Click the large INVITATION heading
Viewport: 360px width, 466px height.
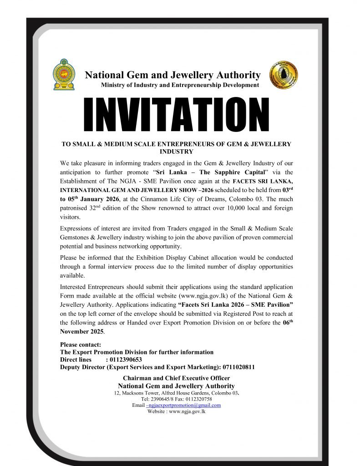click(176, 114)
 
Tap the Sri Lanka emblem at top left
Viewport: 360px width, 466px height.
click(64, 74)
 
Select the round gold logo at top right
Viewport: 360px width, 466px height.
click(284, 75)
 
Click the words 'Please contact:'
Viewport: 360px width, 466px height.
click(81, 344)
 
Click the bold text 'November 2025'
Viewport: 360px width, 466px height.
click(81, 331)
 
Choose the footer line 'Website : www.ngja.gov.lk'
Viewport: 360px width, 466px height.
click(177, 411)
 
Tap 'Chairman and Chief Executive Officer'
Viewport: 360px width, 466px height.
click(176, 378)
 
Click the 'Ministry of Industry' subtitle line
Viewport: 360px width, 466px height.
click(180, 85)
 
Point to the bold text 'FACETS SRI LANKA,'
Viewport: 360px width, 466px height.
click(264, 182)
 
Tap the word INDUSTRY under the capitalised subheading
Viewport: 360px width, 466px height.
click(176, 152)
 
